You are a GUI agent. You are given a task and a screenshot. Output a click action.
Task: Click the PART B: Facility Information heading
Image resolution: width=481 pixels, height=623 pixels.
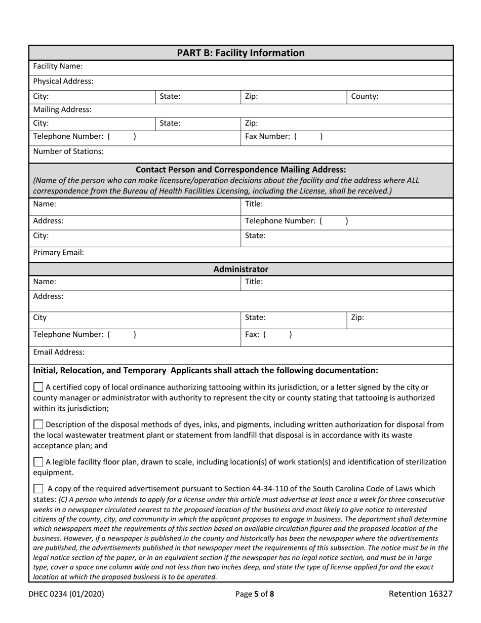(240, 53)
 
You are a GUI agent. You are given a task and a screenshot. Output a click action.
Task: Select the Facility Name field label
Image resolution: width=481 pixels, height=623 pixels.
(58, 66)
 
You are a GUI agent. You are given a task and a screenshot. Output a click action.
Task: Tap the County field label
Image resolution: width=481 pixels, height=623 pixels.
(365, 96)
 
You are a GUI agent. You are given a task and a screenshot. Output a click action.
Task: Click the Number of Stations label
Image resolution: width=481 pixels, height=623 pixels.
(68, 151)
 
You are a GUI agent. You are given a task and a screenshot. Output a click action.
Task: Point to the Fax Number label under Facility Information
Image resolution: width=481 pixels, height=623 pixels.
(268, 136)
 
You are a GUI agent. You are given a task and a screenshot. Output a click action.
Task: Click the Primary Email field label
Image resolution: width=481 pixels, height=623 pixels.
(58, 252)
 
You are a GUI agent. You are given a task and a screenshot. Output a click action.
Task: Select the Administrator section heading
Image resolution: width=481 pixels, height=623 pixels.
(240, 269)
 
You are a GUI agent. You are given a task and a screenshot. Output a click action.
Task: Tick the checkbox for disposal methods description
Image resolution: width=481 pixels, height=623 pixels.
(38, 424)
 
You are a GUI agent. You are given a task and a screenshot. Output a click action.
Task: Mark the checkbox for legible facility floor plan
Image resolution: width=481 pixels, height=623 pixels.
(38, 462)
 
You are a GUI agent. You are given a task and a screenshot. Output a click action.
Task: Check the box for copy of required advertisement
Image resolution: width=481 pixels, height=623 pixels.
(38, 489)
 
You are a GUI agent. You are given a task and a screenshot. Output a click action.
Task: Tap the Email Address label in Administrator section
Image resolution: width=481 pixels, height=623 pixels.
(59, 352)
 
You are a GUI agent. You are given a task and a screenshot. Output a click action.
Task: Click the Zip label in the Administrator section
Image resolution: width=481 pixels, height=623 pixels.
(357, 318)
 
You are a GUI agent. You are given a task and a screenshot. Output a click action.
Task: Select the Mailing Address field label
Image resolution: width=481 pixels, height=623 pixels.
(62, 109)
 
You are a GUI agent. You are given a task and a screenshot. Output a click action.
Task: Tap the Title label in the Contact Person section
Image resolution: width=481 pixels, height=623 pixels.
(254, 204)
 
